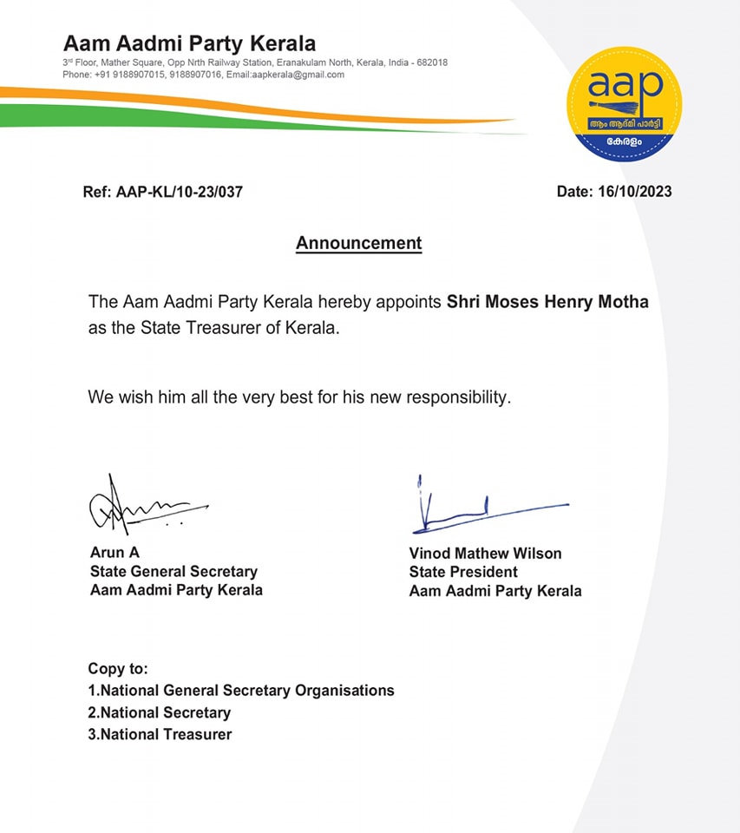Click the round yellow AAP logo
coord(623,103)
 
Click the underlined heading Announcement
coord(358,243)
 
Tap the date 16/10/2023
coord(635,192)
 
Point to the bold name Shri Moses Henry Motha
coord(547,303)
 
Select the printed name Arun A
coord(115,553)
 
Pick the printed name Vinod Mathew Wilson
coord(485,554)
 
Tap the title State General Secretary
coord(174,572)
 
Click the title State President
coord(463,573)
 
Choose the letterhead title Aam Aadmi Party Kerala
coord(189,43)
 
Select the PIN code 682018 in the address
coord(431,63)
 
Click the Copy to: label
coord(118,669)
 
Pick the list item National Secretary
coord(165,712)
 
